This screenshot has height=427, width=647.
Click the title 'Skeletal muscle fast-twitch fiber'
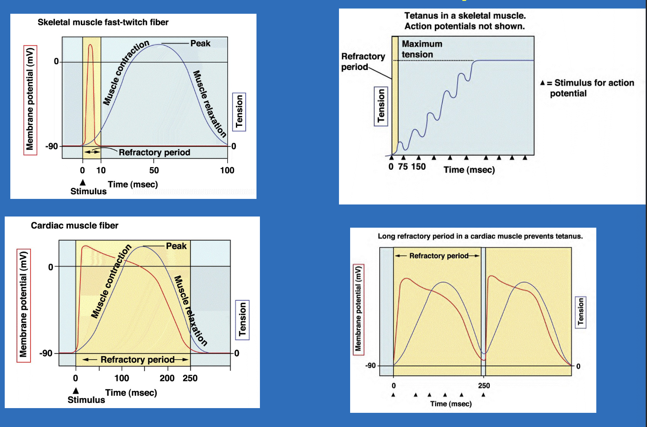point(103,22)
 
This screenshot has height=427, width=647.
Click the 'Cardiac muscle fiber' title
point(74,226)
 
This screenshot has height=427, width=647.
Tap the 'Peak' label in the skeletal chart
point(200,43)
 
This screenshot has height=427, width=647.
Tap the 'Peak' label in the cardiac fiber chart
point(176,246)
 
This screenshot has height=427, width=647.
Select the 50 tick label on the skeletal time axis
point(154,171)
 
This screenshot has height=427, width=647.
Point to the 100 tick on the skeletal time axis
point(227,171)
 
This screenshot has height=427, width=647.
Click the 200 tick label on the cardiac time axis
point(167,378)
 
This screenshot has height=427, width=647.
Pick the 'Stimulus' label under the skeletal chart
point(88,192)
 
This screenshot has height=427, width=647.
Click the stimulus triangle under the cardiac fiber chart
point(76,390)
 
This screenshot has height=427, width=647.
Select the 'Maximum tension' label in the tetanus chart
point(421,49)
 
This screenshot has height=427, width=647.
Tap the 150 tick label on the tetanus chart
point(418,167)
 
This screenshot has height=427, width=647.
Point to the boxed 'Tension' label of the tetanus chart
point(381,106)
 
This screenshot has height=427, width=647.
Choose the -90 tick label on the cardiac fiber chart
point(46,354)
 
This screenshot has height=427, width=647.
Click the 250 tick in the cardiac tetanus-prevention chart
point(484,386)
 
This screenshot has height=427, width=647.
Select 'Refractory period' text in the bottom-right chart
point(439,256)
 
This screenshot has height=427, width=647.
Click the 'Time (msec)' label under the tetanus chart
point(469,170)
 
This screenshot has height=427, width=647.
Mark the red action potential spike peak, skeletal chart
point(90,45)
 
